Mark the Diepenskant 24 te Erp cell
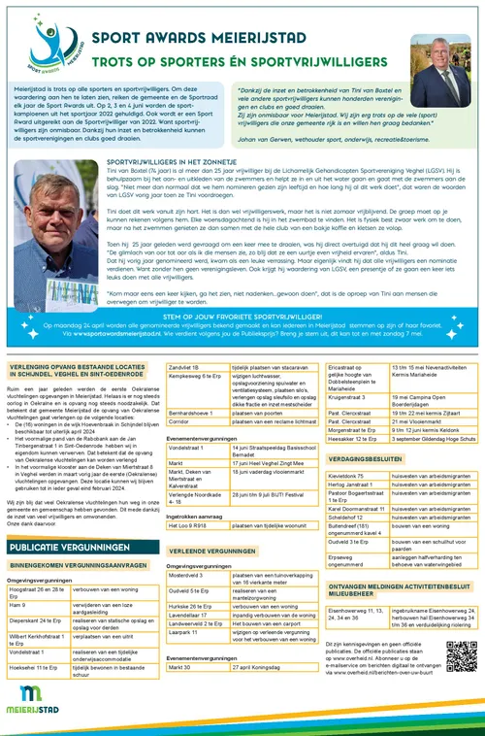(x=39, y=623)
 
